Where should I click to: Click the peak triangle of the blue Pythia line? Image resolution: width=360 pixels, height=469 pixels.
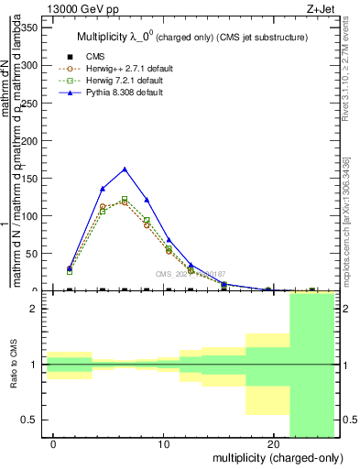point(125,169)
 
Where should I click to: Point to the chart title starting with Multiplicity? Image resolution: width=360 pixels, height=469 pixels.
point(191,38)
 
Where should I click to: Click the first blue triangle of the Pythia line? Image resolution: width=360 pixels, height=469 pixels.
point(70,268)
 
